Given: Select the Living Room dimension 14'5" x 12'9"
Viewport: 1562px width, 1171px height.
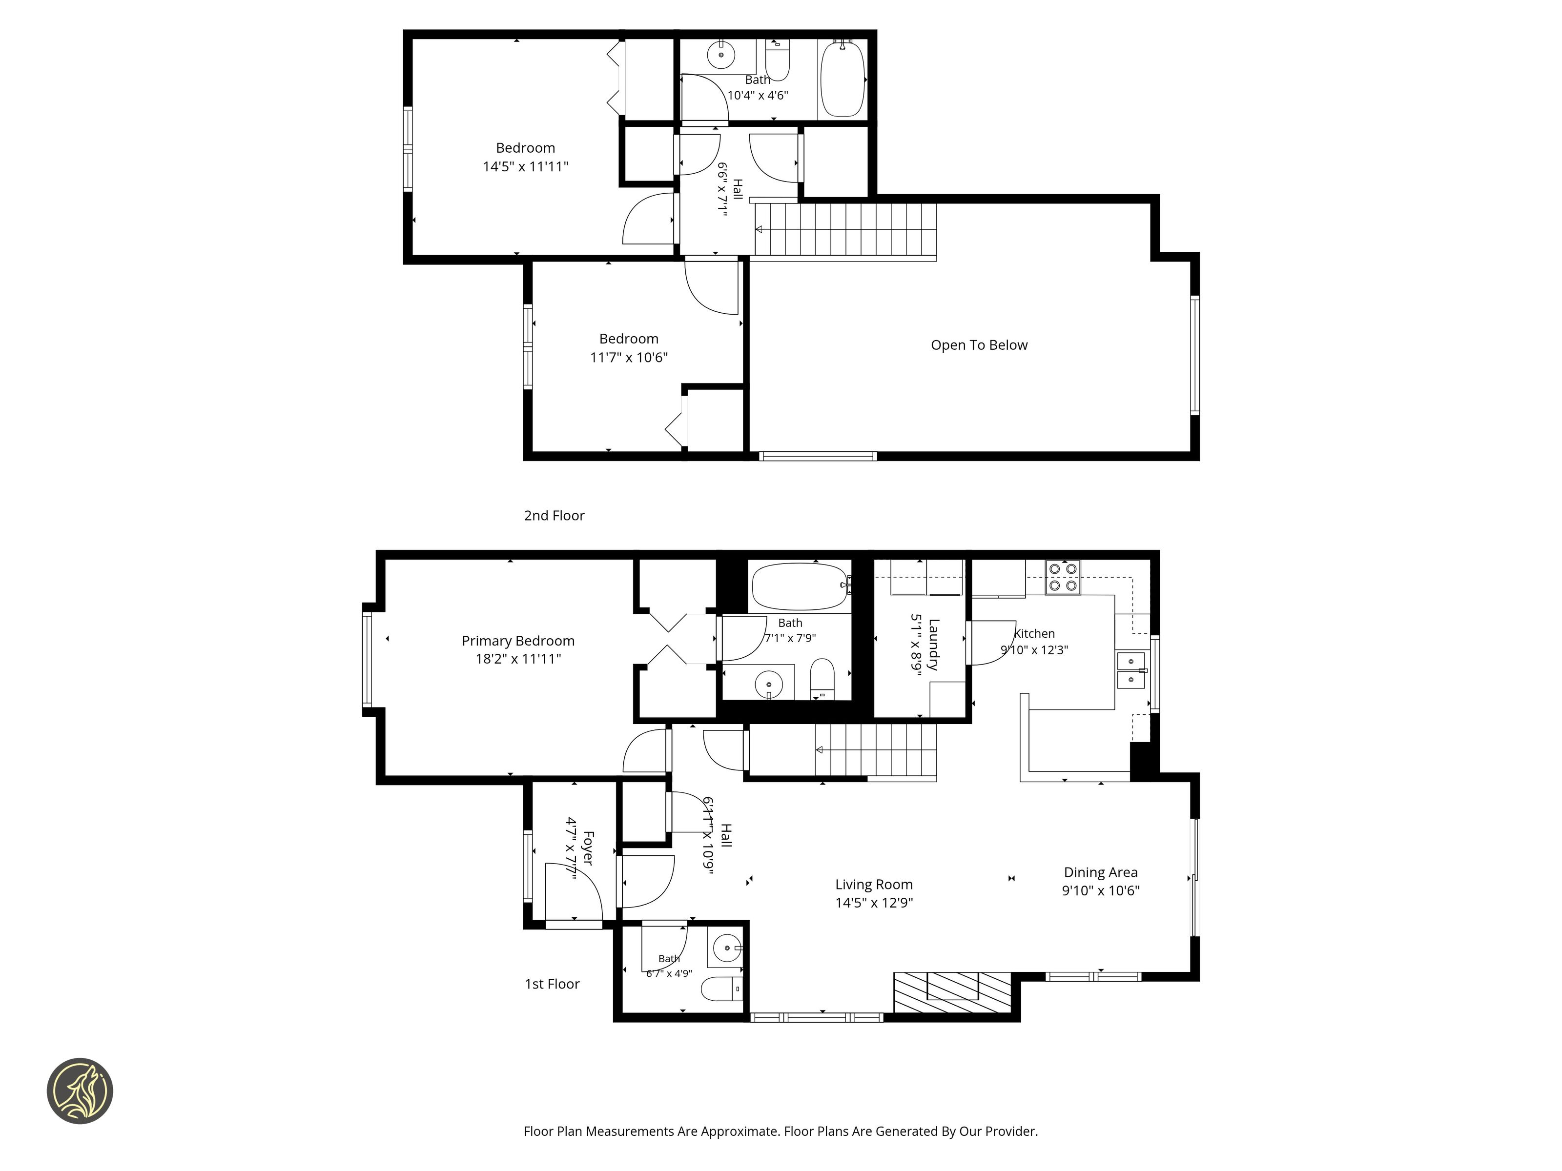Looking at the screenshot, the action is (874, 903).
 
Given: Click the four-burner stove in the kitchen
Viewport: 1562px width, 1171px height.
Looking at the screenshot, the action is (1063, 577).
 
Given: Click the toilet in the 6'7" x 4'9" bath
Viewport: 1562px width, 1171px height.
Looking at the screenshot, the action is (721, 989).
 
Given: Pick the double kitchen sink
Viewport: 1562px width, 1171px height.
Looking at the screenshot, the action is (1131, 670).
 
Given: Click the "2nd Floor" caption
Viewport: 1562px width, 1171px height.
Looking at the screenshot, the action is (555, 516).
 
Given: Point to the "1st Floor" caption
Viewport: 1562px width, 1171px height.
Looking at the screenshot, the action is (552, 984).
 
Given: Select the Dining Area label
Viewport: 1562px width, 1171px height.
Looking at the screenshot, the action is (1101, 872).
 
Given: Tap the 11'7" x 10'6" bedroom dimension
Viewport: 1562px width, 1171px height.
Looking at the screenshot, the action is (629, 358).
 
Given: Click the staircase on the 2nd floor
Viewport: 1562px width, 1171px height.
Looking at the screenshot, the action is (845, 229).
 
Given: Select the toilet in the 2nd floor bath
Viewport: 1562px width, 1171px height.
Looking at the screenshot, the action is (778, 60).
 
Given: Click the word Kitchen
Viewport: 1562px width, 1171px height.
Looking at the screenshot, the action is (1034, 634).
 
